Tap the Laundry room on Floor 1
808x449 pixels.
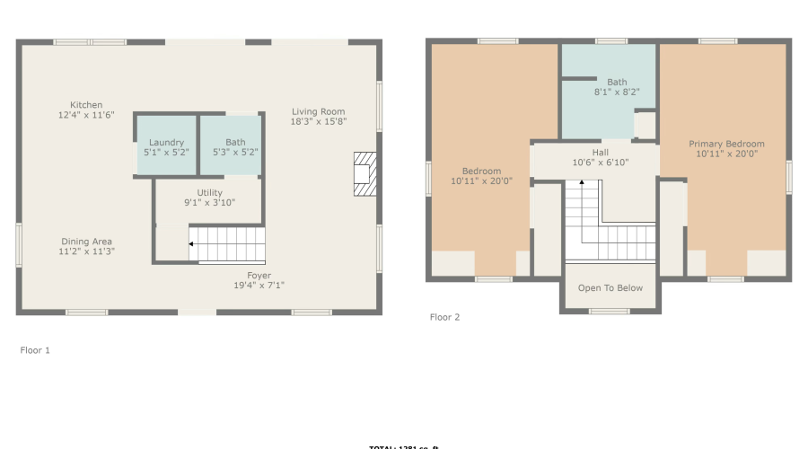(x=166, y=146)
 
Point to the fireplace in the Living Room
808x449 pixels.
(x=363, y=173)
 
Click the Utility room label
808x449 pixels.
(x=209, y=193)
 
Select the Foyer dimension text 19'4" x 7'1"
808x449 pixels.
(x=259, y=286)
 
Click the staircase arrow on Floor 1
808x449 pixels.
(x=190, y=242)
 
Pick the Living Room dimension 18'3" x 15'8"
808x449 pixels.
(x=319, y=121)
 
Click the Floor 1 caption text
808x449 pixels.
(x=35, y=350)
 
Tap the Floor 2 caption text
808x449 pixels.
(x=444, y=317)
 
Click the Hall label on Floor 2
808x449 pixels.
(x=600, y=153)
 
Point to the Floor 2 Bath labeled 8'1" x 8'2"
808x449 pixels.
(x=617, y=87)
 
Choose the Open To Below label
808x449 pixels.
(x=610, y=288)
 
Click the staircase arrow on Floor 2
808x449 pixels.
(x=582, y=183)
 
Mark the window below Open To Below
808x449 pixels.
(x=610, y=312)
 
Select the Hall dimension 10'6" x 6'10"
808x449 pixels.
(x=600, y=163)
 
